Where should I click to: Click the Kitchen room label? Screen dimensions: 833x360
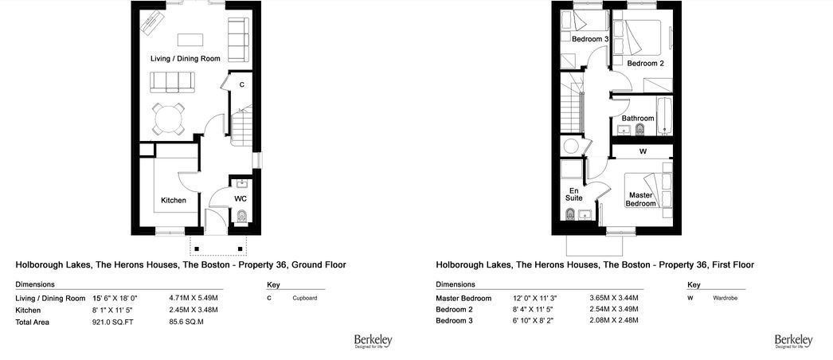pyautogui.click(x=174, y=200)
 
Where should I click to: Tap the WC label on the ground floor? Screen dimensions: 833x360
pyautogui.click(x=241, y=198)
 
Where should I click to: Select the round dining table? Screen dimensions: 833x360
pyautogui.click(x=168, y=119)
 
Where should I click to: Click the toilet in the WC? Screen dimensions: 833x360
pyautogui.click(x=242, y=216)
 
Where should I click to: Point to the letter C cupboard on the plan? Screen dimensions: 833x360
pyautogui.click(x=242, y=85)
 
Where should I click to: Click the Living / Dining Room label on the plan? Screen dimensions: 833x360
pyautogui.click(x=186, y=58)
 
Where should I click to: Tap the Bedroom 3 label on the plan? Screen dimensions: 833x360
pyautogui.click(x=590, y=39)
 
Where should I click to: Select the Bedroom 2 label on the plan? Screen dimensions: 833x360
pyautogui.click(x=646, y=63)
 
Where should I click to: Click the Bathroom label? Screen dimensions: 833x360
pyautogui.click(x=638, y=118)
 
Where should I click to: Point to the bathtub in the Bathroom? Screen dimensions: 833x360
pyautogui.click(x=665, y=115)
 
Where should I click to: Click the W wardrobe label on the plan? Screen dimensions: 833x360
pyautogui.click(x=643, y=151)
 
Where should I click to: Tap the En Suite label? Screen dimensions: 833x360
pyautogui.click(x=575, y=194)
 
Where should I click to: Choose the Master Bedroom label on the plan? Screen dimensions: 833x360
pyautogui.click(x=640, y=200)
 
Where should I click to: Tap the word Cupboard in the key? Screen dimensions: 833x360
pyautogui.click(x=305, y=299)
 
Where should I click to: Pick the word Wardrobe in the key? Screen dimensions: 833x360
pyautogui.click(x=725, y=299)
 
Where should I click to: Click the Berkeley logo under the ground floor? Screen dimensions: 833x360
pyautogui.click(x=373, y=341)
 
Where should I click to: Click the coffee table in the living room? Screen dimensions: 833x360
pyautogui.click(x=190, y=40)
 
